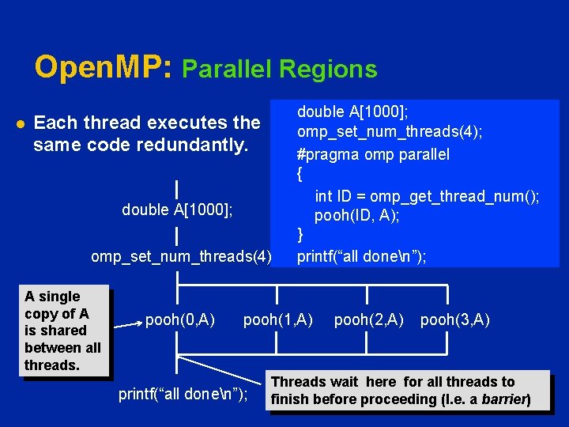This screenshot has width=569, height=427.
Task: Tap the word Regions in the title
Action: [333, 70]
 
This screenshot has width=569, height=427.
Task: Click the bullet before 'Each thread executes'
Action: [19, 123]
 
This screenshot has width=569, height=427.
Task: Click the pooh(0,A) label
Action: [180, 320]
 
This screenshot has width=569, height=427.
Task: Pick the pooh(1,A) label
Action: [278, 320]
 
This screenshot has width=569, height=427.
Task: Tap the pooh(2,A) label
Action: [369, 320]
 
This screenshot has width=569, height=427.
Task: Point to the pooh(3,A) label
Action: [455, 320]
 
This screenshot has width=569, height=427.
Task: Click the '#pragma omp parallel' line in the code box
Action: [373, 154]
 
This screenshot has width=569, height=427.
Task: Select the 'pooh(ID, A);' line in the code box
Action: [356, 216]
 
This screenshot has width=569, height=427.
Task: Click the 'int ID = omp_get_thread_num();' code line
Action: [427, 196]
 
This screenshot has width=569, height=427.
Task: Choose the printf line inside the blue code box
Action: [361, 256]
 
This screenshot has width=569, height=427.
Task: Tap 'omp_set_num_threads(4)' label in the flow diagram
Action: [181, 256]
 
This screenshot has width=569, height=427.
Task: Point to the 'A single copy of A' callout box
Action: [63, 331]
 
